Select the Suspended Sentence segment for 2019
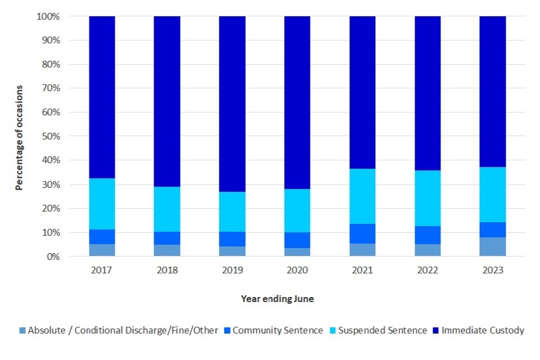[232, 211]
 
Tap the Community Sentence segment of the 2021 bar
[363, 233]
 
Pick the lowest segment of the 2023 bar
[493, 247]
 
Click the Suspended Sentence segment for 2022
[427, 198]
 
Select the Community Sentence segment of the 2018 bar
[167, 238]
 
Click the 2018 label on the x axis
[167, 271]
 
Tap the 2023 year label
[493, 271]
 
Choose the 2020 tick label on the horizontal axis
[297, 271]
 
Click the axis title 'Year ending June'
[277, 299]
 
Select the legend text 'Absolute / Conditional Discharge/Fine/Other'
[123, 331]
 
